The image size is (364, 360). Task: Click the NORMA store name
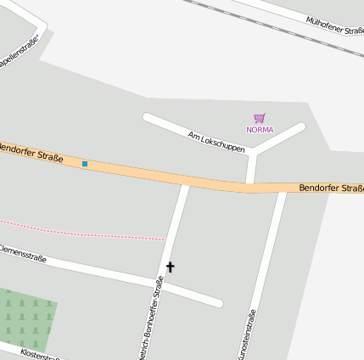(260, 130)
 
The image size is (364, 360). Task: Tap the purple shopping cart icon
(260, 119)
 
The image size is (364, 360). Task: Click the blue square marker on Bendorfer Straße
(85, 163)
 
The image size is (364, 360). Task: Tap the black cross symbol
(170, 267)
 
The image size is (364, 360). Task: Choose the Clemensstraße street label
(22, 253)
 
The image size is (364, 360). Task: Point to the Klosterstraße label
(39, 353)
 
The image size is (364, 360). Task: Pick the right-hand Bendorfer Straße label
(331, 188)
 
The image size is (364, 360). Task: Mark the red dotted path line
(85, 230)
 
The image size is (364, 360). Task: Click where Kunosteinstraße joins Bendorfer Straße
(283, 189)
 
